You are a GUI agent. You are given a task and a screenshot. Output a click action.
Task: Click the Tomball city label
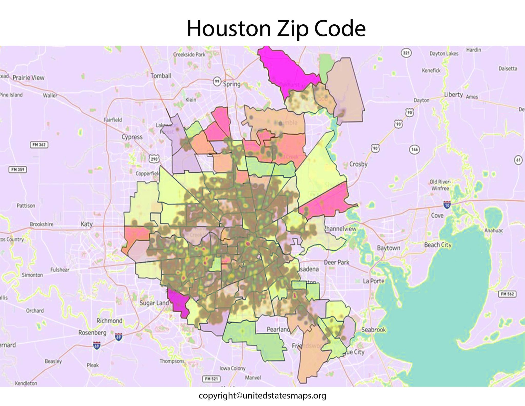(x=161, y=76)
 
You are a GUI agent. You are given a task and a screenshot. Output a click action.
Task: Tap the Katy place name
(x=87, y=224)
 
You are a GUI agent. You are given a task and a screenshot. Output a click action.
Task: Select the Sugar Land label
(x=154, y=303)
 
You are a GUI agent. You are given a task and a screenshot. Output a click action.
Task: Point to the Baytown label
(x=388, y=248)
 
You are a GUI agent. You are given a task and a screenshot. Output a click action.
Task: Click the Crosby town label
(x=358, y=164)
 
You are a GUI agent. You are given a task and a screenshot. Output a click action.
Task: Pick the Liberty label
(x=453, y=94)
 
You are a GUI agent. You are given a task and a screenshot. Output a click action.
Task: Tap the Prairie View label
(x=28, y=77)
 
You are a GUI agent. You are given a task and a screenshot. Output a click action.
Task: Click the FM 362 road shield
(x=39, y=145)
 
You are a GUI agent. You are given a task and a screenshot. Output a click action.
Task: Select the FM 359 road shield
(x=18, y=170)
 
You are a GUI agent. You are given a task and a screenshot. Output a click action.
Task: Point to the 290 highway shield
(x=154, y=159)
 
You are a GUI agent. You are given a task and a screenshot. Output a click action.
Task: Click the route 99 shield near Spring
(x=217, y=82)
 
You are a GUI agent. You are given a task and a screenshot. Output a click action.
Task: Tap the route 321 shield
(x=406, y=53)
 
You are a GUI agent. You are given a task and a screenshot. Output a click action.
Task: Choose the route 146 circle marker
(x=415, y=149)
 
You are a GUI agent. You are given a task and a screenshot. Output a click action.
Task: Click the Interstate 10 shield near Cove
(x=447, y=205)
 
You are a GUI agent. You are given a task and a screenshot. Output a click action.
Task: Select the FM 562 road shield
(x=507, y=294)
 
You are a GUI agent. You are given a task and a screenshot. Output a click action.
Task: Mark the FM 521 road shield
(x=211, y=379)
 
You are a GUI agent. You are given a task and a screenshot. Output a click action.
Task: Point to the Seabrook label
(x=373, y=330)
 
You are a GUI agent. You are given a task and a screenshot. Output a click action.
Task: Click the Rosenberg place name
(x=92, y=333)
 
